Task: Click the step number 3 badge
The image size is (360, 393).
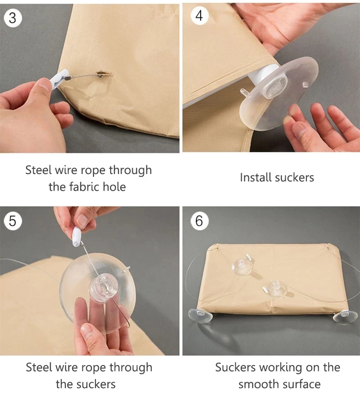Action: pyautogui.click(x=13, y=18)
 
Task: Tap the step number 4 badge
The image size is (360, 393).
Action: pyautogui.click(x=199, y=16)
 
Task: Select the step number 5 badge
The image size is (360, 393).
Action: pyautogui.click(x=13, y=221)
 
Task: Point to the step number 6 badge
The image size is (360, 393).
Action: pyautogui.click(x=199, y=221)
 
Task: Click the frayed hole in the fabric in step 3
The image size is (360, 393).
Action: pyautogui.click(x=104, y=74)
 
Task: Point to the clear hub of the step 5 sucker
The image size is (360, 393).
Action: pyautogui.click(x=103, y=288)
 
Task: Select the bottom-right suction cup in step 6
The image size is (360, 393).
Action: pyautogui.click(x=345, y=317)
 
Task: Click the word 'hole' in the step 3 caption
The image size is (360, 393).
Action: pyautogui.click(x=117, y=187)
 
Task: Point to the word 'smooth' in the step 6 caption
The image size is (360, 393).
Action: pyautogui.click(x=258, y=384)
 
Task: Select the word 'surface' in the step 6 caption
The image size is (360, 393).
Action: pyautogui.click(x=301, y=384)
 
